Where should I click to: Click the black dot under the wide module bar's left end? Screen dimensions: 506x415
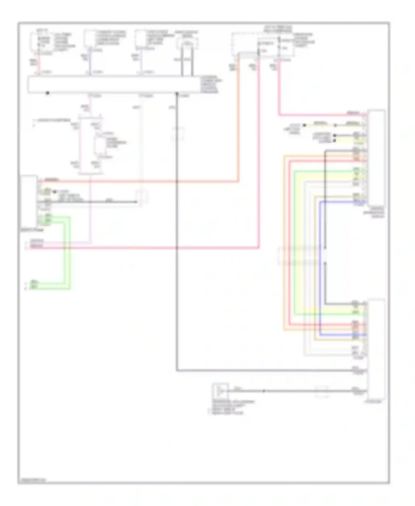(x=48, y=93)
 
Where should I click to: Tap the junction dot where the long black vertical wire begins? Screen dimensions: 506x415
(x=177, y=94)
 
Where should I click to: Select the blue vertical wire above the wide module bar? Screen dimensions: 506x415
(x=89, y=61)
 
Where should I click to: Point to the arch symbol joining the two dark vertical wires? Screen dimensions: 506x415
(x=187, y=44)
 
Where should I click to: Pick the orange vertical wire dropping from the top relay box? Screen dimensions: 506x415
(x=238, y=116)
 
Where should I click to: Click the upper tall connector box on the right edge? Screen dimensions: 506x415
(x=376, y=158)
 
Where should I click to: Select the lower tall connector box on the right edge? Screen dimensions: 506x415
(x=376, y=349)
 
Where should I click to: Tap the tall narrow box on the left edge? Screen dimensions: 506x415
(x=29, y=201)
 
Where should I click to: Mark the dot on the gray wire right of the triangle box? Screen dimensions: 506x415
(x=264, y=391)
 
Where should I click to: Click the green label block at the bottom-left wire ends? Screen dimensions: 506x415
(x=34, y=285)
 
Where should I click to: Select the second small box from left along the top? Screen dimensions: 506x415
(x=89, y=39)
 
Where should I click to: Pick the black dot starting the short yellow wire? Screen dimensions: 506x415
(x=304, y=125)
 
